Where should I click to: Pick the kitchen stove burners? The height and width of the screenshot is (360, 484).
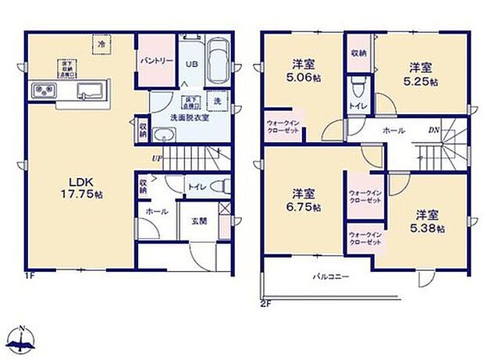[x=42, y=93]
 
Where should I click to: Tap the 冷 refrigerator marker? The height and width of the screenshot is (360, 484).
[x=101, y=46]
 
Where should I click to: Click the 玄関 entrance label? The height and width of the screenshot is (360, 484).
[x=199, y=219]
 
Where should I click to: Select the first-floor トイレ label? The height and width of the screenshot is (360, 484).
[x=195, y=187]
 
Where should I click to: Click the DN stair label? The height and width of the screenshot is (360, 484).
[x=432, y=130]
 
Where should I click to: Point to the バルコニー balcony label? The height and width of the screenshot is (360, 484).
[x=331, y=277]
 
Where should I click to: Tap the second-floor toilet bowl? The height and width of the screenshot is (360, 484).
[x=358, y=85]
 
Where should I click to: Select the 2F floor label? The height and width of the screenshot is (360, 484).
[x=265, y=304]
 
